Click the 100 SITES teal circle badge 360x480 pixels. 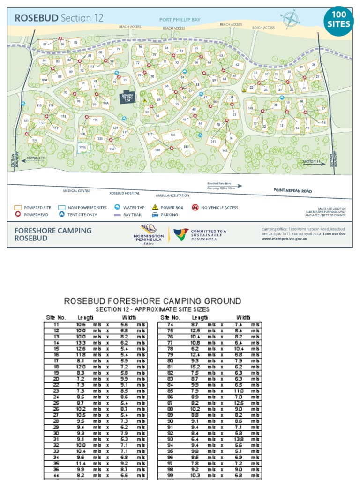pos(338,19)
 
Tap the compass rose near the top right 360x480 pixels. pos(291,19)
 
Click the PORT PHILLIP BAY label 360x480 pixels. pos(180,20)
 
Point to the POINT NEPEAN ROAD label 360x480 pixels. pos(292,191)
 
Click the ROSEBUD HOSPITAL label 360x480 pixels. pos(125,193)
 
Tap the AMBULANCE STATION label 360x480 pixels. pos(172,195)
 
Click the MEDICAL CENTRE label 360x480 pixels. pos(76,191)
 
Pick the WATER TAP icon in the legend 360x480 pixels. pos(118,207)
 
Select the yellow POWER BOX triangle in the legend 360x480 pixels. pos(155,207)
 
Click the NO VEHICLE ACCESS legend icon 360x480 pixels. pos(195,207)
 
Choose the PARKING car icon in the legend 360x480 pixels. pos(155,215)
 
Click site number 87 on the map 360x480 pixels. pos(45,44)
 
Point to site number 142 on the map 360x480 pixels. pos(225,150)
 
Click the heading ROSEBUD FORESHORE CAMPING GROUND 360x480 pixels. pos(152,301)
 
